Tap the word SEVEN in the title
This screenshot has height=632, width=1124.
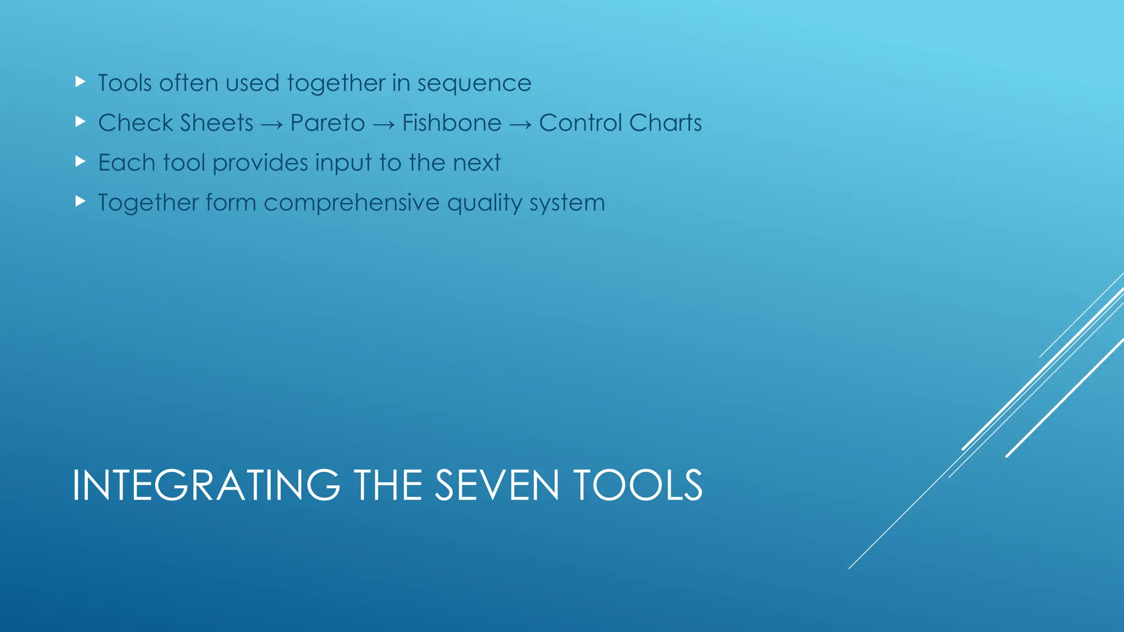coord(497,486)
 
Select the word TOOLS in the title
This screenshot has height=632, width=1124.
coord(637,486)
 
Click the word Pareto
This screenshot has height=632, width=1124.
coord(328,123)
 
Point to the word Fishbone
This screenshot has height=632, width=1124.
coord(452,123)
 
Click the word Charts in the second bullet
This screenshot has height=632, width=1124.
coord(666,123)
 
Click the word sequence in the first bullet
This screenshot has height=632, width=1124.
coord(474,84)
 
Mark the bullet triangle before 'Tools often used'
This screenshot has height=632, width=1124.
coord(81,82)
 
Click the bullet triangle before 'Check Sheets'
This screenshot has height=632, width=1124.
coord(81,122)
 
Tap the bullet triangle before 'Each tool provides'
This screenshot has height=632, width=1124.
coord(81,161)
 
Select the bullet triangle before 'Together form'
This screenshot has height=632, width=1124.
coord(81,201)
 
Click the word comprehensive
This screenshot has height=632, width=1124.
coord(351,203)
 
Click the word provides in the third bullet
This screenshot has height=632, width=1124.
coord(260,163)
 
